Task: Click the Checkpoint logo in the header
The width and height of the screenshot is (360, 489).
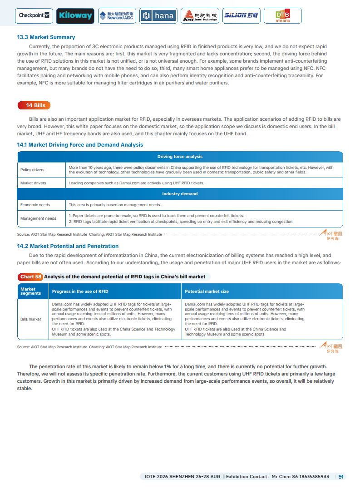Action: point(34,15)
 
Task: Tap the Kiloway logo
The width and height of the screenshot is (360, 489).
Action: point(75,16)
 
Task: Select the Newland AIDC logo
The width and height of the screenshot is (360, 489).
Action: point(117,16)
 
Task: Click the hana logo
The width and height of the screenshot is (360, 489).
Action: point(158,16)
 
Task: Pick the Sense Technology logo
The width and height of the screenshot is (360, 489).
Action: point(200,16)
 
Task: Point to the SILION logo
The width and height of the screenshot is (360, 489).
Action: point(241,16)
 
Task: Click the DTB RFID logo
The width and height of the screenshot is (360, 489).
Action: point(282,16)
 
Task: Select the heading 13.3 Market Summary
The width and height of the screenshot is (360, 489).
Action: point(46,37)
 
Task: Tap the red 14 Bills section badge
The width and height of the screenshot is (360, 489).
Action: point(34,105)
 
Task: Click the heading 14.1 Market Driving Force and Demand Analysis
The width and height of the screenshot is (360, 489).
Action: point(80,145)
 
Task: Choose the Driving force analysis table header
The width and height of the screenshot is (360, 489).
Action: point(180,157)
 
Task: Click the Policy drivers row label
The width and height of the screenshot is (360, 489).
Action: point(32,170)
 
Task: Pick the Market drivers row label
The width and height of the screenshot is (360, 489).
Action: point(33,183)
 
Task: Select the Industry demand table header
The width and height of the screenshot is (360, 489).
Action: point(180,194)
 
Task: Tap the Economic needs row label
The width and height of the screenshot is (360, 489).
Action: point(35,205)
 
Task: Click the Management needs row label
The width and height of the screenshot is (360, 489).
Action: point(38,218)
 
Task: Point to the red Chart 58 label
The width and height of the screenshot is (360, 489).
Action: point(30,277)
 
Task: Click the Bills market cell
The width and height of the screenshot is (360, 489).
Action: point(31,319)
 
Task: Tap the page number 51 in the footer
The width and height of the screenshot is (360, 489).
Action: point(341,477)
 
